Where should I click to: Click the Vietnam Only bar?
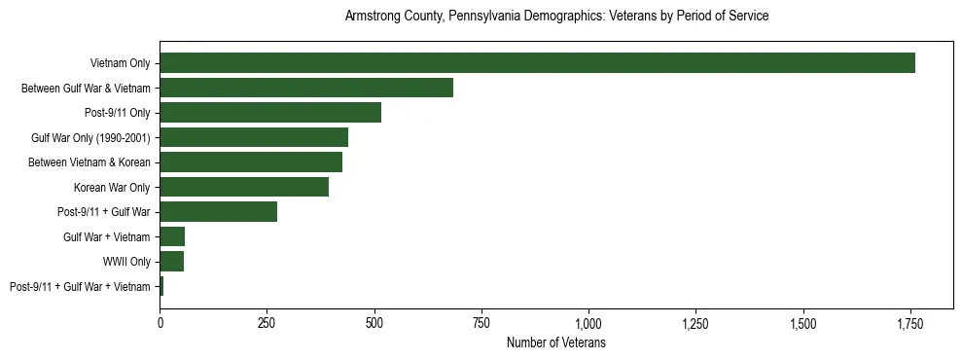point(537,63)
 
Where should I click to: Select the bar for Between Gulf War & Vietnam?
point(306,88)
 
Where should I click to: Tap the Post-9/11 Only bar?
point(270,113)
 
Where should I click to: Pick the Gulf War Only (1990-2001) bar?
point(254,137)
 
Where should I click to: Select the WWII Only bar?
point(172,262)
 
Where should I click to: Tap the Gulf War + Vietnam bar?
point(172,236)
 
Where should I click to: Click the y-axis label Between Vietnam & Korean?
point(92,162)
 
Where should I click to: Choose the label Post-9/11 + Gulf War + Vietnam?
point(80,287)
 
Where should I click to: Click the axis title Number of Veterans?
point(556,342)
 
